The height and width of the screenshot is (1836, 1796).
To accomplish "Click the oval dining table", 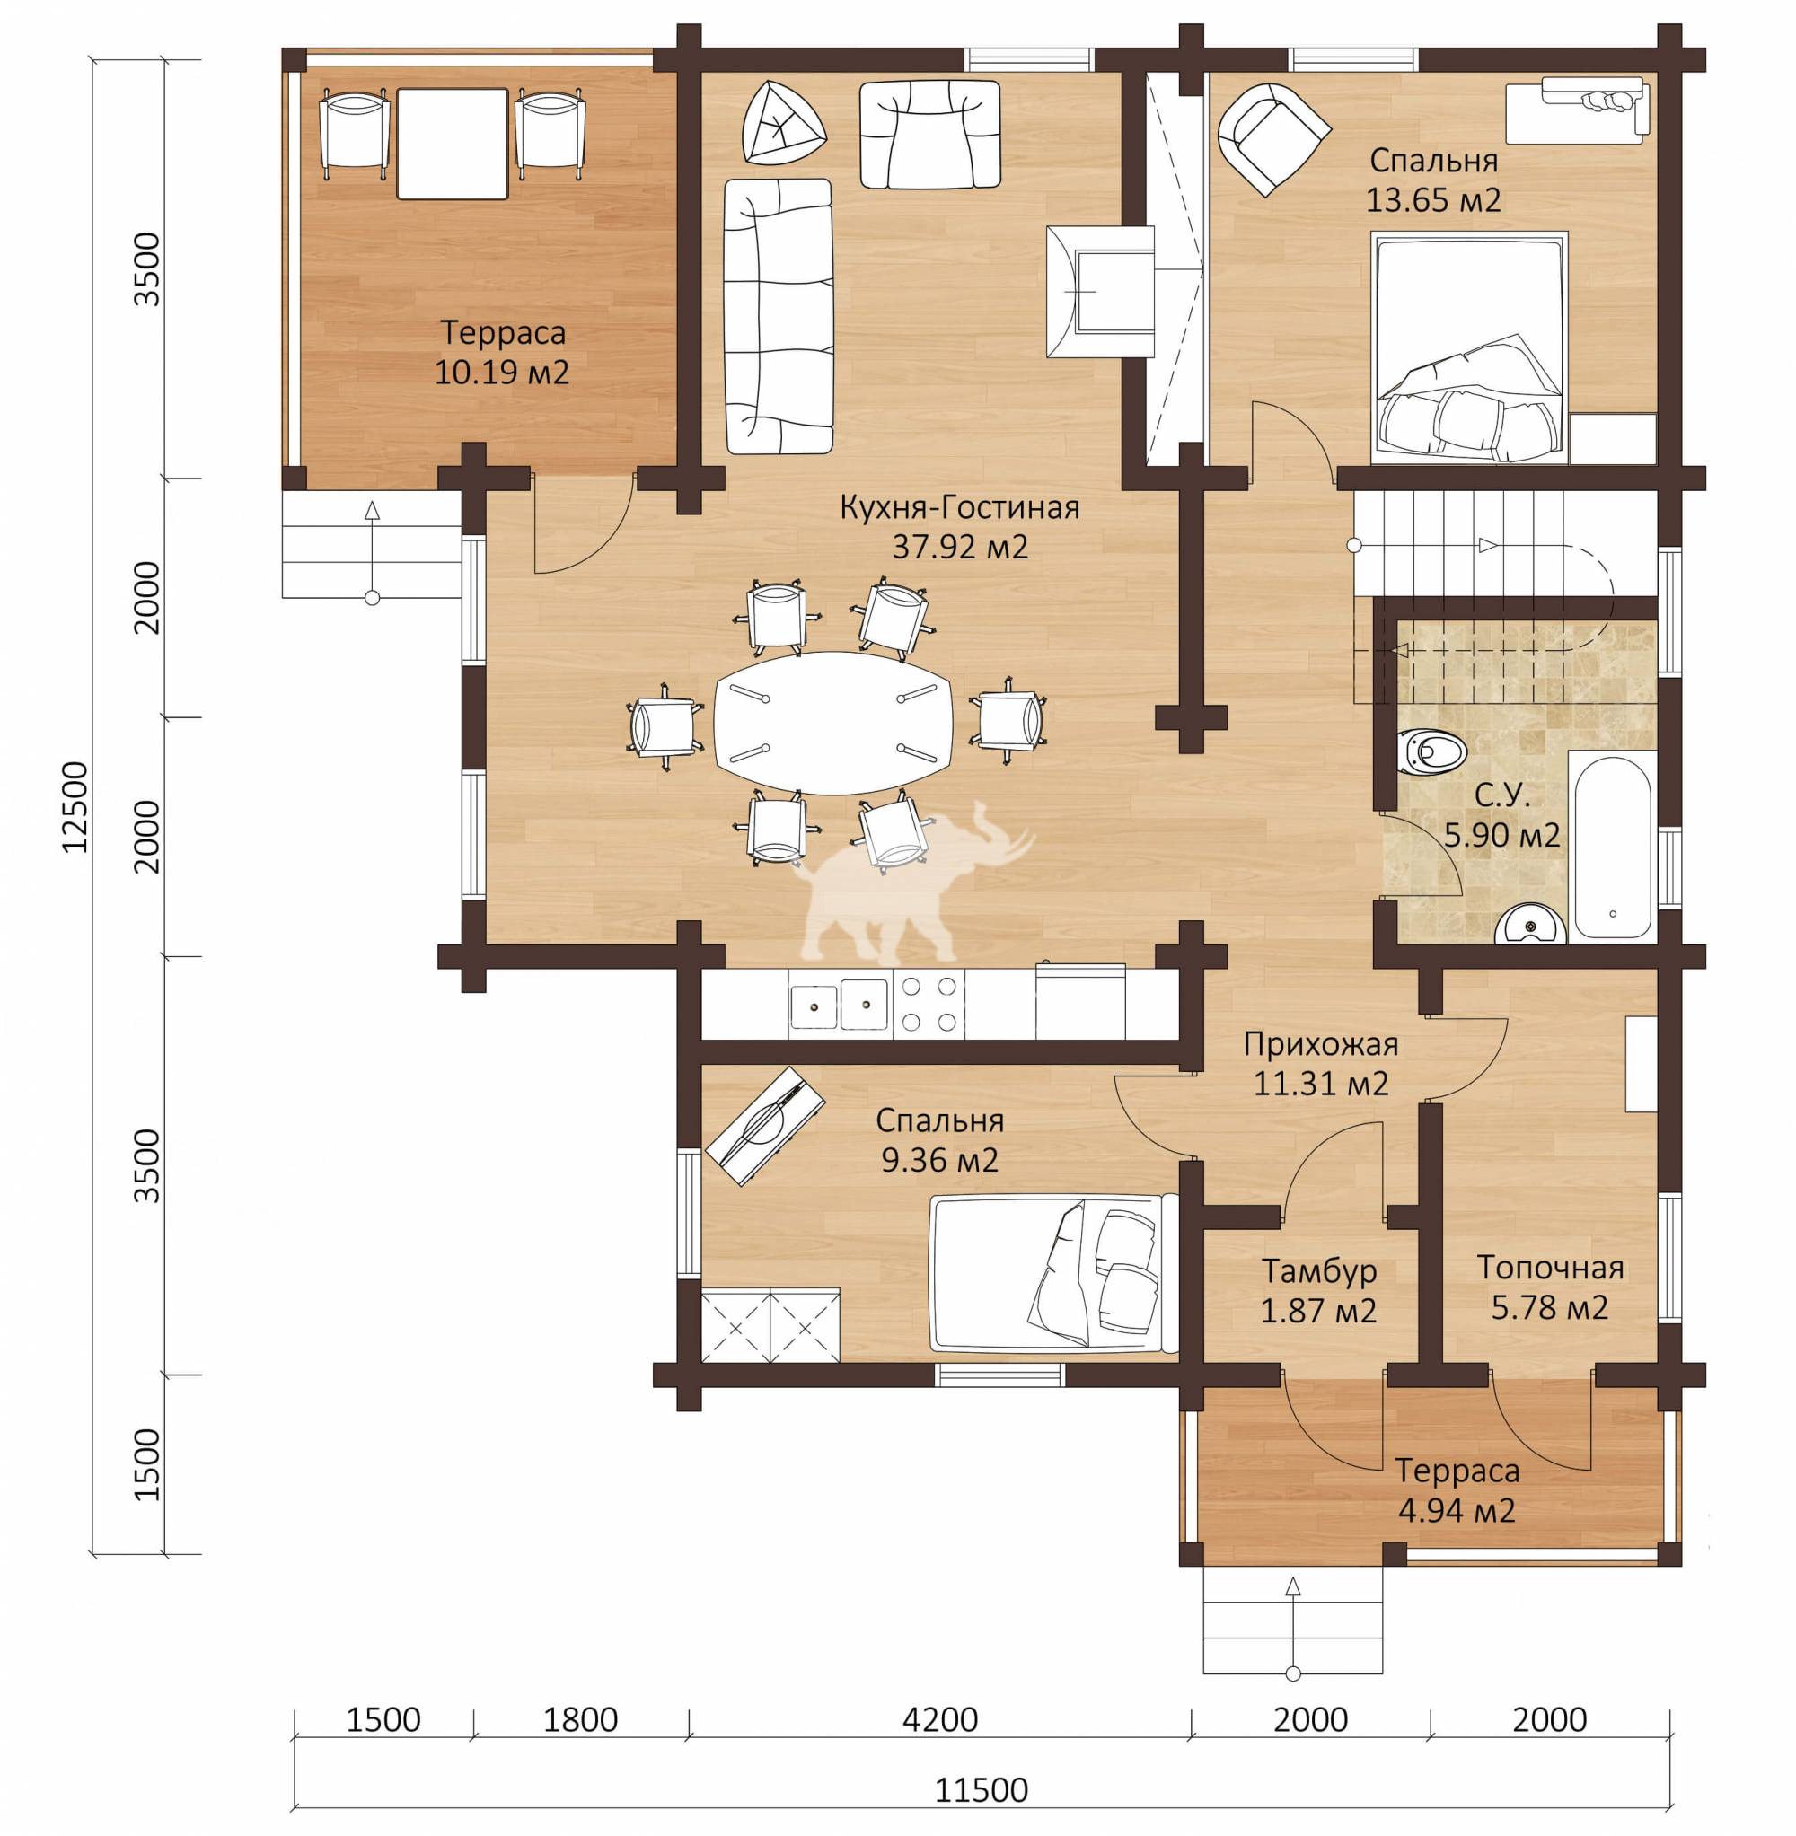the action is (x=834, y=724).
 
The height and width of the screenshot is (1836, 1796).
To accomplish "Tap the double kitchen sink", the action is (x=839, y=1005).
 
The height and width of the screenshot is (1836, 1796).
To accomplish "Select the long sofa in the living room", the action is (x=779, y=317).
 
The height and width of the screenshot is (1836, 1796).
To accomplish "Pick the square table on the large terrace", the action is (x=452, y=144).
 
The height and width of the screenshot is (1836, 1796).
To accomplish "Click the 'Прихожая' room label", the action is (x=1321, y=1045).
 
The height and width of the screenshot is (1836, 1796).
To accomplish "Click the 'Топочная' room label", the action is (x=1550, y=1269).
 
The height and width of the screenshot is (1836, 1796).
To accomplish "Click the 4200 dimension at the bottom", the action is (x=939, y=1720).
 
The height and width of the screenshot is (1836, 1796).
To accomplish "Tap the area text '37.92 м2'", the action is (x=959, y=547).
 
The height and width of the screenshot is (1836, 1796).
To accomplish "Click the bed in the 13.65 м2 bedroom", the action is (x=1469, y=349).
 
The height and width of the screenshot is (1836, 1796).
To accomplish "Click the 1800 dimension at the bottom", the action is (x=581, y=1720).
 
